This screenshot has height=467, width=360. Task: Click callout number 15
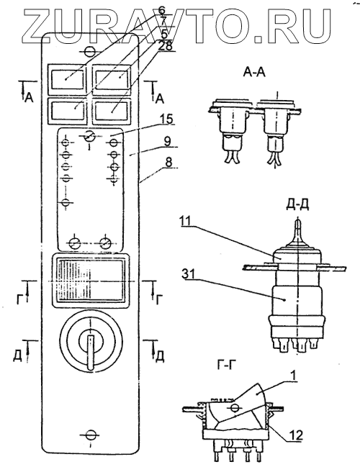(x=166, y=119)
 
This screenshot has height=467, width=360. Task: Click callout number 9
(x=168, y=142)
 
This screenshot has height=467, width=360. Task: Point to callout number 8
(x=168, y=163)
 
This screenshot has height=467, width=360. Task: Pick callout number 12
(x=296, y=435)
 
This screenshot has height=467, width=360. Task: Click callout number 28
(x=166, y=45)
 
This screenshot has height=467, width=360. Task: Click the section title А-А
(x=254, y=72)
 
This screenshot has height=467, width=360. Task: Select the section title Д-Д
(x=297, y=206)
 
